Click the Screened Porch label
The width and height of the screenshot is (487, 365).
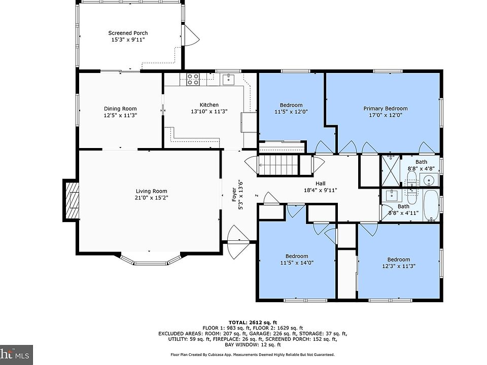[x=128, y=33]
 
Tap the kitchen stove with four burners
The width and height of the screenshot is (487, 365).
[x=193, y=79]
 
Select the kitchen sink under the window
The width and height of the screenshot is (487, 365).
[x=229, y=79]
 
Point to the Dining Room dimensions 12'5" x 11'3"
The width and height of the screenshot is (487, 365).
[x=120, y=115]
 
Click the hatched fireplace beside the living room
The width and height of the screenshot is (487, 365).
[x=71, y=200]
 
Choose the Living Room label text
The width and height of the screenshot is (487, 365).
[x=151, y=191]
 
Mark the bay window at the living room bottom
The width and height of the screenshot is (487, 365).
[x=150, y=260]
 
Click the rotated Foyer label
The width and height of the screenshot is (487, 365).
[x=234, y=195]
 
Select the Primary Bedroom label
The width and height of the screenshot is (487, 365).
[x=386, y=108]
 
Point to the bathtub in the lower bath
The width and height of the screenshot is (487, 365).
[x=431, y=205]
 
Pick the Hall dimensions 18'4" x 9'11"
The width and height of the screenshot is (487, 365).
[x=320, y=190]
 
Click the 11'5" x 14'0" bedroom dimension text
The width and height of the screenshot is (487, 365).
[x=297, y=263]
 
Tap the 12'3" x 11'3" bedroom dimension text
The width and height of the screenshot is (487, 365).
[x=399, y=266]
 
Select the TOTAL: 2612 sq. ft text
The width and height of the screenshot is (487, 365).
[x=253, y=322]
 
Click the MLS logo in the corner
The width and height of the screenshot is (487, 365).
[x=16, y=355]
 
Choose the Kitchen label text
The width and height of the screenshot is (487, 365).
[x=209, y=105]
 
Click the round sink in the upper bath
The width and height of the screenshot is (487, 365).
[x=429, y=179]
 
